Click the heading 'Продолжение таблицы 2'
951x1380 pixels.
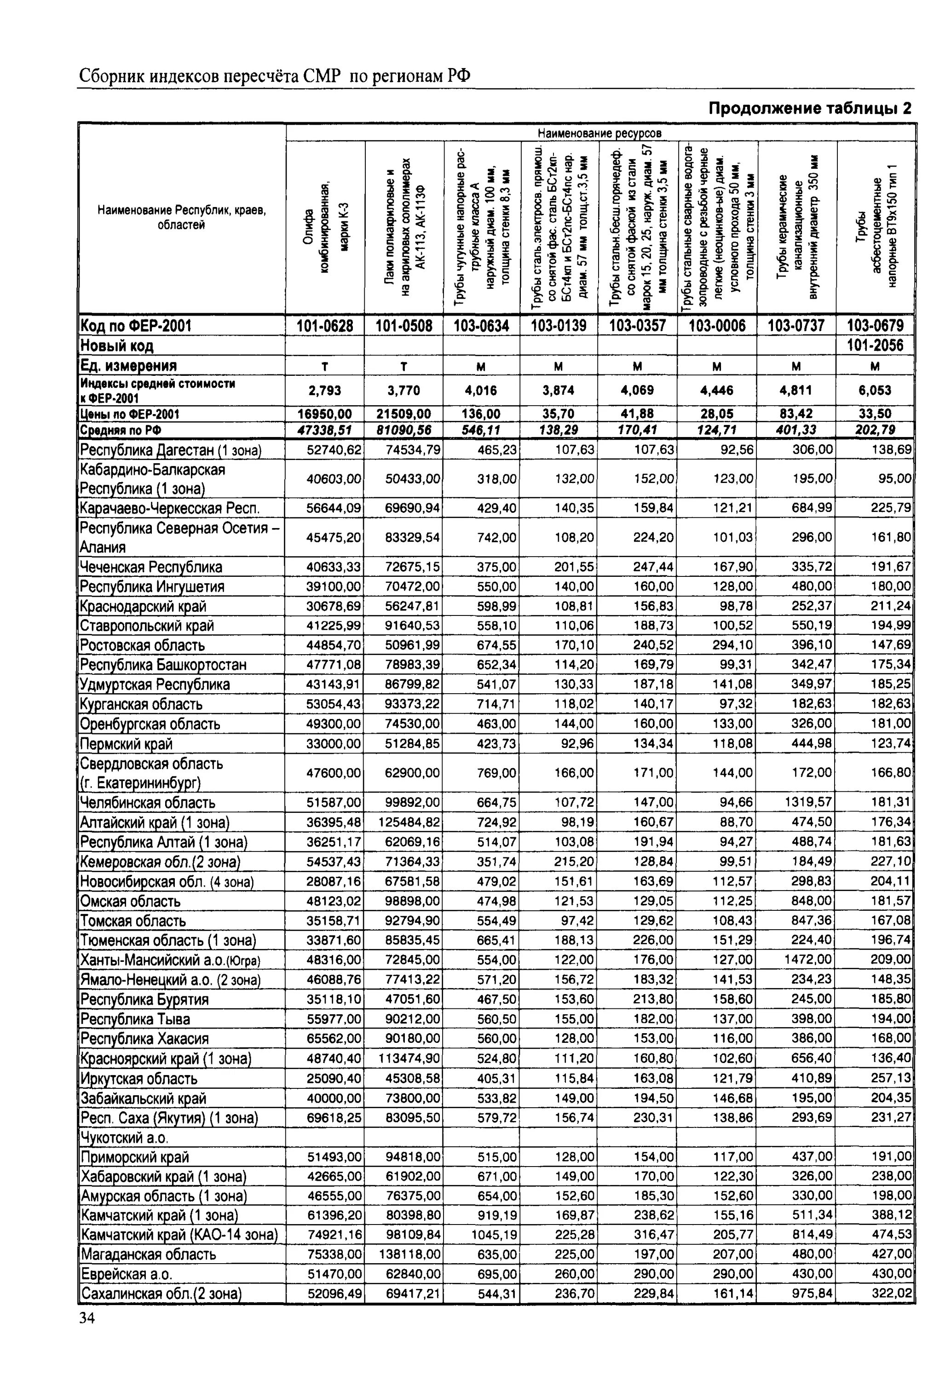coord(810,109)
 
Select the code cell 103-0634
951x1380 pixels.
coord(481,325)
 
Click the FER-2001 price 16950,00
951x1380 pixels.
coord(325,414)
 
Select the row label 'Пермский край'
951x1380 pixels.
coord(127,744)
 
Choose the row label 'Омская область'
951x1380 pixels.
coord(131,901)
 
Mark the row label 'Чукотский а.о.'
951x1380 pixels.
coord(125,1138)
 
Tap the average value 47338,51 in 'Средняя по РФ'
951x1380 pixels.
coord(325,430)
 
